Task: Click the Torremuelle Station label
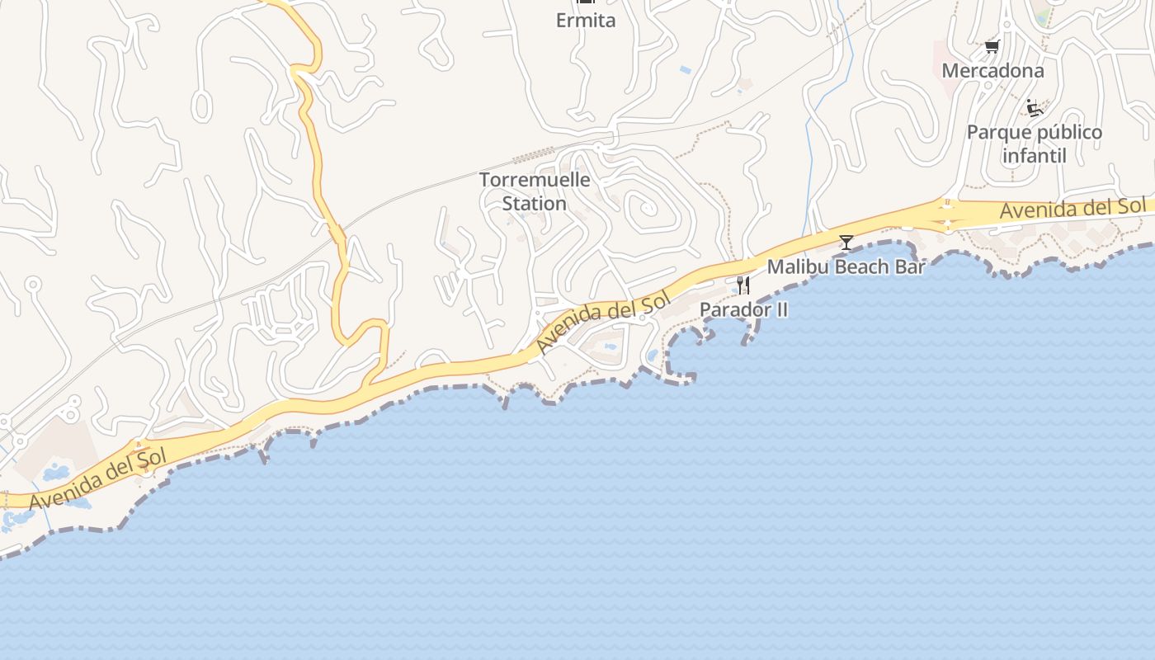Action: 535,191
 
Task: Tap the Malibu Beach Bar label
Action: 846,266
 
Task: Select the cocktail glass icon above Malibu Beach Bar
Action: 846,242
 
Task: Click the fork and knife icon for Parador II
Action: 743,285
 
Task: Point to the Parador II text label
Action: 743,309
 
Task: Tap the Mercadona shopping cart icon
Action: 992,47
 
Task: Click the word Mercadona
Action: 992,71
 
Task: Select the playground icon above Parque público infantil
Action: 1034,108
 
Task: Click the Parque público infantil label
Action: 1034,144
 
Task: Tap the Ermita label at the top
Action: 586,21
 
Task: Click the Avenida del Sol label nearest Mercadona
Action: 1072,209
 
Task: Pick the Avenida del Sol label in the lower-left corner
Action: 97,478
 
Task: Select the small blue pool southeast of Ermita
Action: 686,71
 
